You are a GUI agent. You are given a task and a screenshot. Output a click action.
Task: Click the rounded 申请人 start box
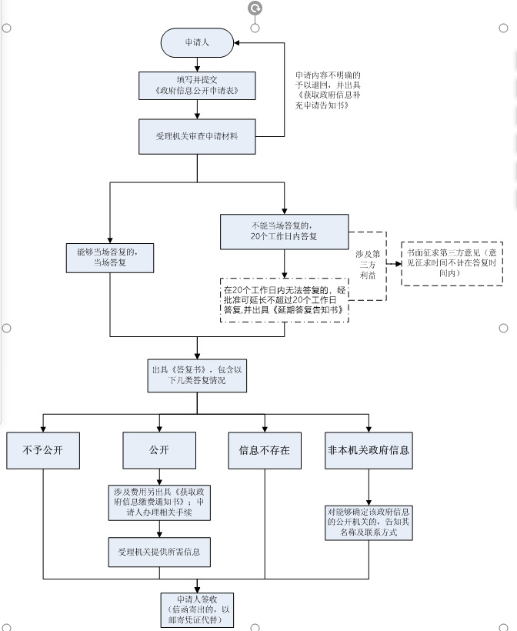coord(196,42)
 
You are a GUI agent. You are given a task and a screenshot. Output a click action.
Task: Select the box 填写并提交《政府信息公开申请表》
coord(196,85)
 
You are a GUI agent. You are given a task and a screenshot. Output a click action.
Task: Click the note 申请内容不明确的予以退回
coord(317,90)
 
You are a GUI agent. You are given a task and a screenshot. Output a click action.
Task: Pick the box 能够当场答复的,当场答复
coord(111,256)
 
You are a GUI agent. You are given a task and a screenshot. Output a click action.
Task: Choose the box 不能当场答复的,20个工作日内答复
coord(284,231)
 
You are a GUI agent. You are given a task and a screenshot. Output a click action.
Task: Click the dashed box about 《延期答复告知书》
coord(284,299)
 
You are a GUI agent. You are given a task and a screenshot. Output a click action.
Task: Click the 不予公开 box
coord(44,451)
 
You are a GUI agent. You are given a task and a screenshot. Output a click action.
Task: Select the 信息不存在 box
coord(264,451)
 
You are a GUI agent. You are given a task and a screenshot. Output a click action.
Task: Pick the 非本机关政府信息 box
coord(368,451)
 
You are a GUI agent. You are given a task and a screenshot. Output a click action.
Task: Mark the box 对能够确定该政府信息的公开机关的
coord(368,521)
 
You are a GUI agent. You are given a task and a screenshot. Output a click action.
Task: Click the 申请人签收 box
coord(196,609)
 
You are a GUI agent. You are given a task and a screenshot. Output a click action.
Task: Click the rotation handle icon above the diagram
coord(255,8)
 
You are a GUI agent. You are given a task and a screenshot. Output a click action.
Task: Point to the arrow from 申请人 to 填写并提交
coord(196,65)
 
